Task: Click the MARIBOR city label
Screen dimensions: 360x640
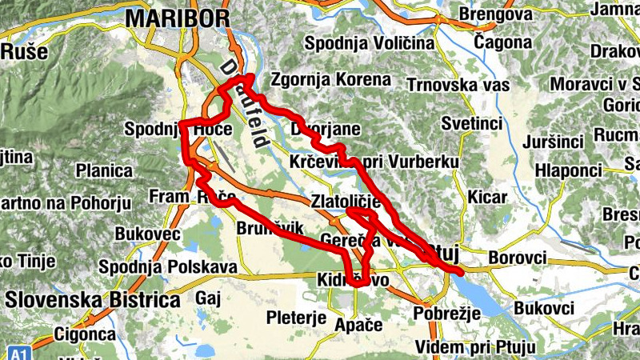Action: coord(178,18)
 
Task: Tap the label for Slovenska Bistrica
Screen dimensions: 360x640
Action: coord(92,300)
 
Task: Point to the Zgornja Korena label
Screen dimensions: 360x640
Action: coord(331,80)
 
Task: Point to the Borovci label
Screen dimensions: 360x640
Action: coord(517,258)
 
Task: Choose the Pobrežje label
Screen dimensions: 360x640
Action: coord(446,312)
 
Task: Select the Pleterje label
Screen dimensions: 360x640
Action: coord(296,317)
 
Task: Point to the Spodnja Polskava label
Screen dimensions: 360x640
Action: coord(168,266)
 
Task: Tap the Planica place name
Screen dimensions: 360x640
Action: coord(104,170)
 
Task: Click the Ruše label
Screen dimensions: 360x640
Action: coord(24,52)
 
